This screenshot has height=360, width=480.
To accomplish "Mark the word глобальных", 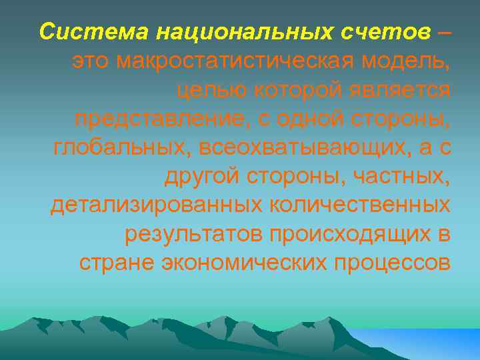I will coord(117,147).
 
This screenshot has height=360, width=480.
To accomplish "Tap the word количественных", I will coord(360,205).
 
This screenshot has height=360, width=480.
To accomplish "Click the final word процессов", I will coord(393,263).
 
